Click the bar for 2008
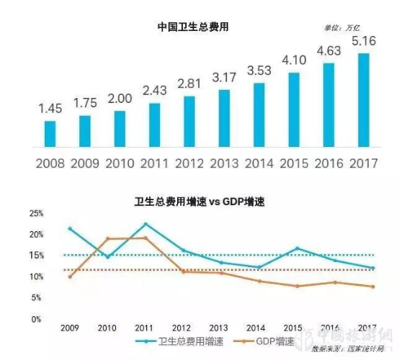click(x=50, y=133)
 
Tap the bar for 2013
click(x=224, y=117)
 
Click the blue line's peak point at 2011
click(x=146, y=224)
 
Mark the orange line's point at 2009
click(x=70, y=276)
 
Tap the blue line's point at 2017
click(x=372, y=268)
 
